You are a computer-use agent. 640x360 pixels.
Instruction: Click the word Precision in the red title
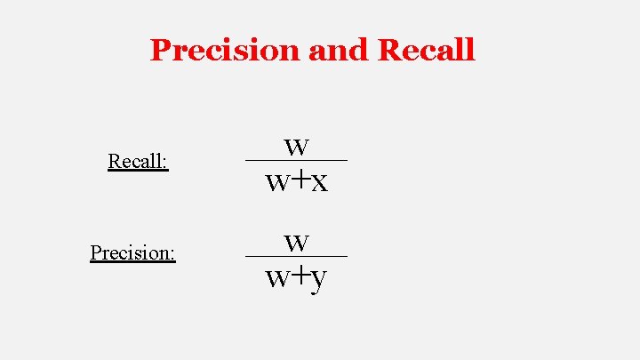pos(226,50)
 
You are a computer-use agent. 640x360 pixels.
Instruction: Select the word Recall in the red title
pos(426,50)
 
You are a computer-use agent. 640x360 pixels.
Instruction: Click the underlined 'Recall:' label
pos(137,161)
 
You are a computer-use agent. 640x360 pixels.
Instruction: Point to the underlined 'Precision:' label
pos(132,252)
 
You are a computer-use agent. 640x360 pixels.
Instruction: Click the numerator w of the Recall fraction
pos(297,146)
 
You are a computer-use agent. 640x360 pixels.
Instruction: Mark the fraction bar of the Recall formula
pos(296,160)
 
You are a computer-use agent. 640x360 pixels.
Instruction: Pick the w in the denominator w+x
pos(277,183)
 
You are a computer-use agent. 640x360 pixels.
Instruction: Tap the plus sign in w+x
pos(300,180)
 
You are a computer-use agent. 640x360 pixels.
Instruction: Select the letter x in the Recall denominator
pos(319,183)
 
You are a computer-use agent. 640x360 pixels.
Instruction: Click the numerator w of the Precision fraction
pos(297,242)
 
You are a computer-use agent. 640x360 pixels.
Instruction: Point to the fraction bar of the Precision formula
pos(296,256)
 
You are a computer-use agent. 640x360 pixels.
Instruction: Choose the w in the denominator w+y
pos(277,278)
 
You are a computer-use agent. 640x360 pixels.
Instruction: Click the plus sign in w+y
pos(300,276)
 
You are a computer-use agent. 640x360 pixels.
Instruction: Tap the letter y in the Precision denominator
pos(319,280)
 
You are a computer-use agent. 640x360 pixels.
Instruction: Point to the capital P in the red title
pos(161,50)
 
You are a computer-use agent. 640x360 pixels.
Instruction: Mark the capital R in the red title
pos(389,50)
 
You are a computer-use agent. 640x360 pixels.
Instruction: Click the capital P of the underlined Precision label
pos(95,252)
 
